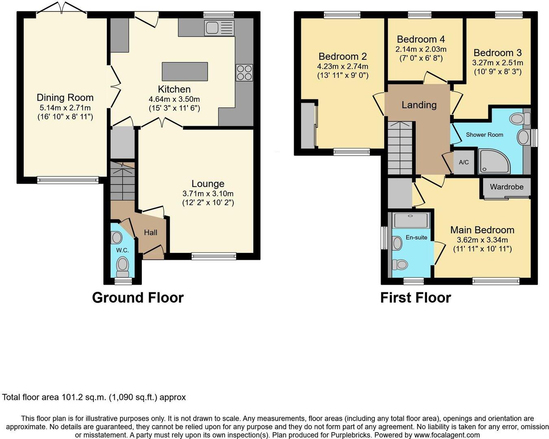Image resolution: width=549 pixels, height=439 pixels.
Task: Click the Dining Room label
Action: pos(65,97)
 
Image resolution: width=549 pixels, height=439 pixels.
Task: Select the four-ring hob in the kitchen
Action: pos(244,72)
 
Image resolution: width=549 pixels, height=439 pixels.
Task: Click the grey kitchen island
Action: pos(185,72)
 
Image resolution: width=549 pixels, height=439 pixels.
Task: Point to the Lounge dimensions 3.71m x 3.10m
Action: pos(208,193)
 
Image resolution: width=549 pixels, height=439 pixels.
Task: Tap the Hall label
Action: pos(150,233)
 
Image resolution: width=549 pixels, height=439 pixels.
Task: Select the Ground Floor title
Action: pos(138,298)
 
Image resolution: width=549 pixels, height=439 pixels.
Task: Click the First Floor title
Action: pos(415,298)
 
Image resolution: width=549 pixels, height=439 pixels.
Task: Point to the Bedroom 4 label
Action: pos(420,39)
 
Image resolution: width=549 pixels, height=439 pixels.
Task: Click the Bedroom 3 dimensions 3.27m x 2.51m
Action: pos(497,63)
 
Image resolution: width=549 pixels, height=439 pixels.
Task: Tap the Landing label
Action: pos(419,105)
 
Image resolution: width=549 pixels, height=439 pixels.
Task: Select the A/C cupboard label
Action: pos(464,162)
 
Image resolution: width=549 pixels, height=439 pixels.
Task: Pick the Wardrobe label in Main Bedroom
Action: pos(506,187)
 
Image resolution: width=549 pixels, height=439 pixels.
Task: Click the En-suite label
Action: pos(416,237)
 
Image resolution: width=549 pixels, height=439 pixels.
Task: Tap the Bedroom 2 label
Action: pos(342,56)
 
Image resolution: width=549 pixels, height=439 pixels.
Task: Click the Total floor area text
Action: pos(94,397)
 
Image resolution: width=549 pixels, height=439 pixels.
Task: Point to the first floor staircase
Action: pos(400,148)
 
